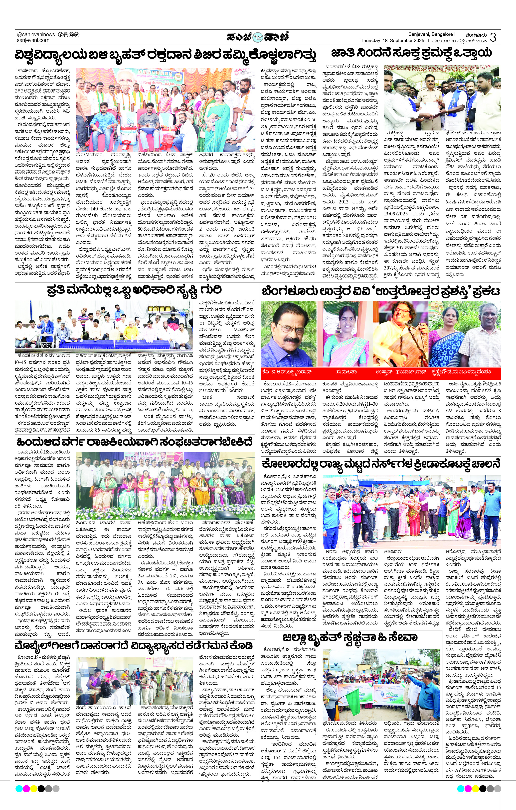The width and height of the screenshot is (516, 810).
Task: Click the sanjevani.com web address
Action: click(33, 40)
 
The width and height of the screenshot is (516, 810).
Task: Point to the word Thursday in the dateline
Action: click(370, 40)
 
